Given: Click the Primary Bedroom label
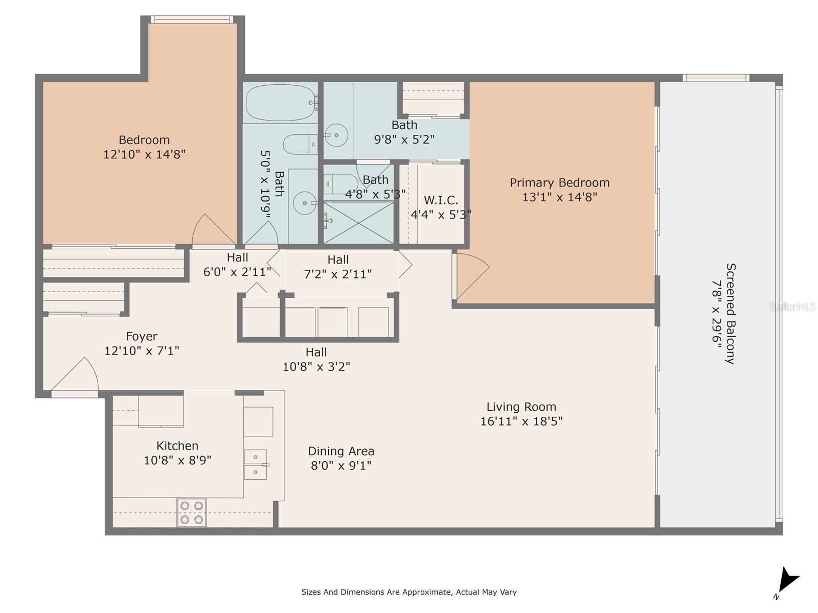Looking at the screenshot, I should (559, 183).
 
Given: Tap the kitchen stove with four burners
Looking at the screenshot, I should (192, 512).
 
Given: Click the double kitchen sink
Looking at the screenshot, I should (255, 464).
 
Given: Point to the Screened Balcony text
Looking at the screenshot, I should (731, 313).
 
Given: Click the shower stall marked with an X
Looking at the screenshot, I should (358, 223).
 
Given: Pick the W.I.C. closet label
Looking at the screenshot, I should (441, 200).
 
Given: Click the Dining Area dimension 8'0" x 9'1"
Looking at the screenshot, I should (341, 465).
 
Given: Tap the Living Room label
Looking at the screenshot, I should (521, 407).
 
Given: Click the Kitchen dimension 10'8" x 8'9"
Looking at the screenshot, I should (177, 460).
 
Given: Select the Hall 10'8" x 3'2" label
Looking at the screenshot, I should (316, 359).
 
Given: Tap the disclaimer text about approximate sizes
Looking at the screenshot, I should (408, 592).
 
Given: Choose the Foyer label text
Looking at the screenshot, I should (142, 337).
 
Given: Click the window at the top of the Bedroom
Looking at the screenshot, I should (192, 19).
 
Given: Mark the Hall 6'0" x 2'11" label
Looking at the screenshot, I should (237, 265).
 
